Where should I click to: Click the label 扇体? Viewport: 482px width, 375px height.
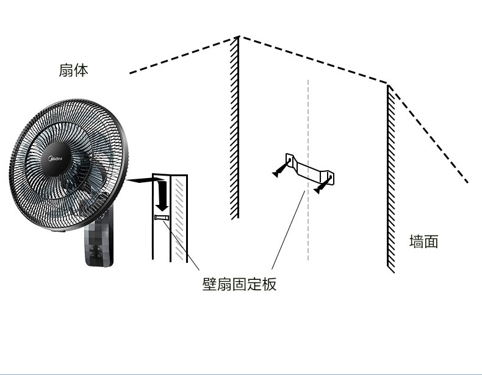[73, 70]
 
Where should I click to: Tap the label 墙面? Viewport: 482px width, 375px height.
[423, 241]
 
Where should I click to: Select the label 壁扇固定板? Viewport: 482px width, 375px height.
[239, 284]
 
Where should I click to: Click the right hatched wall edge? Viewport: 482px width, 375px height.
[390, 183]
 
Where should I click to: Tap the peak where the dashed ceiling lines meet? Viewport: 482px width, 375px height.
[238, 37]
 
